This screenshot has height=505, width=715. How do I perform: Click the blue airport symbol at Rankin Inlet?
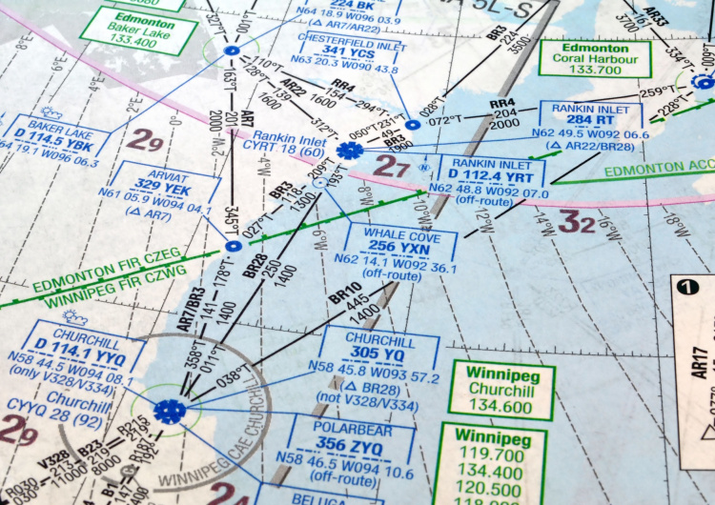tap(349, 150)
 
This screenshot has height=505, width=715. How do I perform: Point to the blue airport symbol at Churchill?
tap(169, 411)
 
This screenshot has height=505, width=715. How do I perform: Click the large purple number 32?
tap(576, 224)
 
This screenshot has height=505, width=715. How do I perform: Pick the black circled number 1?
tap(684, 285)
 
